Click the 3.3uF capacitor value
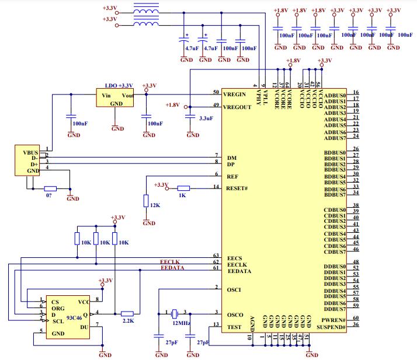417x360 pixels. [206, 118]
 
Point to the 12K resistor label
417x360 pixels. [155, 205]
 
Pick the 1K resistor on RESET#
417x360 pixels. [183, 188]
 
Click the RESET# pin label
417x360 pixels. [237, 188]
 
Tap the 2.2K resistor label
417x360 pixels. [128, 321]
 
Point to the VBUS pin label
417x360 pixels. [30, 152]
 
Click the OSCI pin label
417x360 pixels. [235, 289]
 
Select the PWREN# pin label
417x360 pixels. [335, 321]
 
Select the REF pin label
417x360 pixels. [232, 176]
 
